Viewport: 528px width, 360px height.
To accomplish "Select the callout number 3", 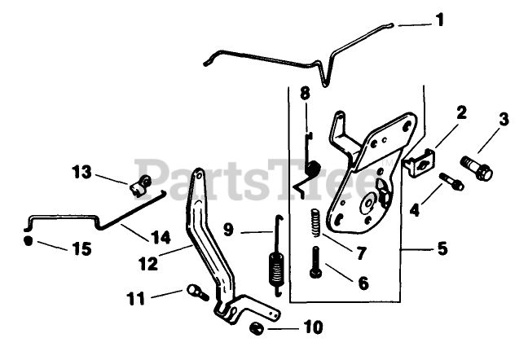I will pyautogui.click(x=504, y=121).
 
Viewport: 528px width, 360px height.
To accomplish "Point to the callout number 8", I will pyautogui.click(x=305, y=94).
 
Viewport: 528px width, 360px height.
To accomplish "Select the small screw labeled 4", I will pyautogui.click(x=451, y=182).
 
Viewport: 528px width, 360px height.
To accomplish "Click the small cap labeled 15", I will pyautogui.click(x=29, y=241).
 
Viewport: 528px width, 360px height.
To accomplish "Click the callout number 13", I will pyautogui.click(x=82, y=172).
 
